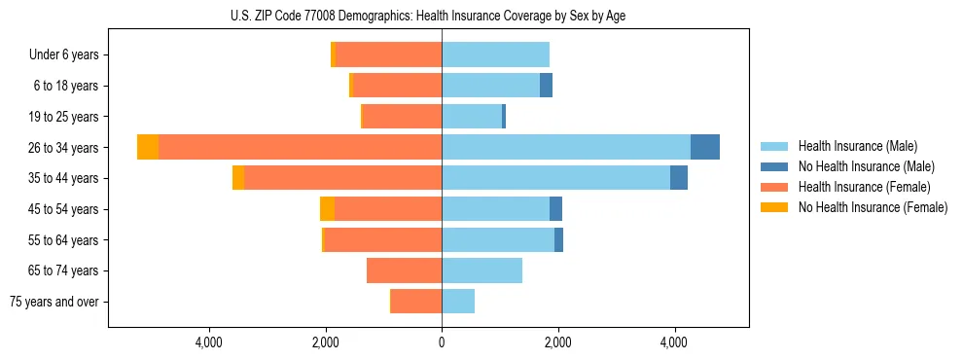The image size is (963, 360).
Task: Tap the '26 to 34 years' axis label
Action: pos(63,148)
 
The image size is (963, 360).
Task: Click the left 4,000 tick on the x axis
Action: pos(209,342)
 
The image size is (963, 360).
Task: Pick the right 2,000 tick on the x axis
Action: pos(557,342)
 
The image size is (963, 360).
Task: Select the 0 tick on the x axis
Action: pos(442,342)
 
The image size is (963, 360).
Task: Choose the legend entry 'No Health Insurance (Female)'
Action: pos(873,207)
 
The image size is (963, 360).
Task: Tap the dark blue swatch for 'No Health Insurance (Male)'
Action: pos(774,166)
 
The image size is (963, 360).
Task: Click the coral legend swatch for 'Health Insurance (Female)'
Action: pos(774,187)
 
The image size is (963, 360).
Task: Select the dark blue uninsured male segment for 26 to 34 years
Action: pos(705,147)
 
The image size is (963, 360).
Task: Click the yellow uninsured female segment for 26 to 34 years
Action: pos(148,147)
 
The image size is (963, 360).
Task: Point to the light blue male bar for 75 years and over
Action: pos(458,302)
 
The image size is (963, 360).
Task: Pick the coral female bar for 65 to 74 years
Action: pos(404,270)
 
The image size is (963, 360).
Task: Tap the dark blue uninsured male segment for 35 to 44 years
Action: pos(679,178)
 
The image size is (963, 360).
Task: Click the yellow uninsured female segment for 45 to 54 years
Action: pos(327,208)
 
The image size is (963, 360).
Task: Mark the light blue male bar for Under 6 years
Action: pos(495,54)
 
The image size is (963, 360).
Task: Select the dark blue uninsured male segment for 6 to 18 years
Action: pos(546,86)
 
